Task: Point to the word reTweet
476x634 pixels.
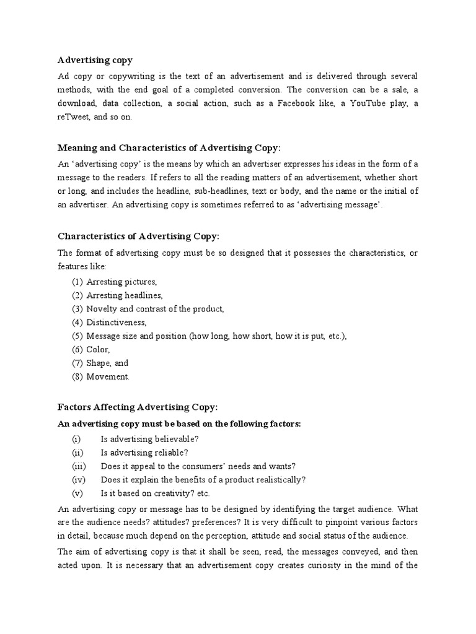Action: pyautogui.click(x=74, y=117)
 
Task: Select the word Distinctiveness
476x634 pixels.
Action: pyautogui.click(x=117, y=323)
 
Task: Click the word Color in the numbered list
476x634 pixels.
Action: pyautogui.click(x=98, y=350)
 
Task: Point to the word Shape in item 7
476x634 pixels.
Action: pyautogui.click(x=99, y=363)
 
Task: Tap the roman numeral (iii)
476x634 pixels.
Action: pyautogui.click(x=79, y=466)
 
